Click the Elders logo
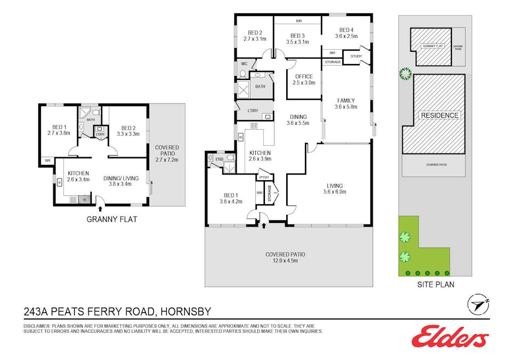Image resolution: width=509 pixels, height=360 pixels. point(450,336)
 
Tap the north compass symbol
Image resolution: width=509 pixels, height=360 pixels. point(478,304)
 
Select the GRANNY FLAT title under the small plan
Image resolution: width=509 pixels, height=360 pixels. point(112,219)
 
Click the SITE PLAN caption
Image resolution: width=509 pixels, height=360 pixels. point(435,284)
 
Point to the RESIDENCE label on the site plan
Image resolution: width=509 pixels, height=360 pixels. point(439,115)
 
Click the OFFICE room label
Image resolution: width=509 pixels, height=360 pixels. point(304,79)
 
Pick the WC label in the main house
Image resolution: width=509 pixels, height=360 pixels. point(243,63)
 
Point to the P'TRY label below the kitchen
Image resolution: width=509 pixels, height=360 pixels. point(263,178)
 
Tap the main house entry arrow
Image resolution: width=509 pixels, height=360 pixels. point(264,225)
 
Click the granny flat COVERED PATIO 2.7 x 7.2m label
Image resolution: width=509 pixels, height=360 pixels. point(167,153)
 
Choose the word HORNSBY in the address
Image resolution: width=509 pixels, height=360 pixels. point(187,310)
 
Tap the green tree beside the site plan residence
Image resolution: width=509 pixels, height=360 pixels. point(405,74)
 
